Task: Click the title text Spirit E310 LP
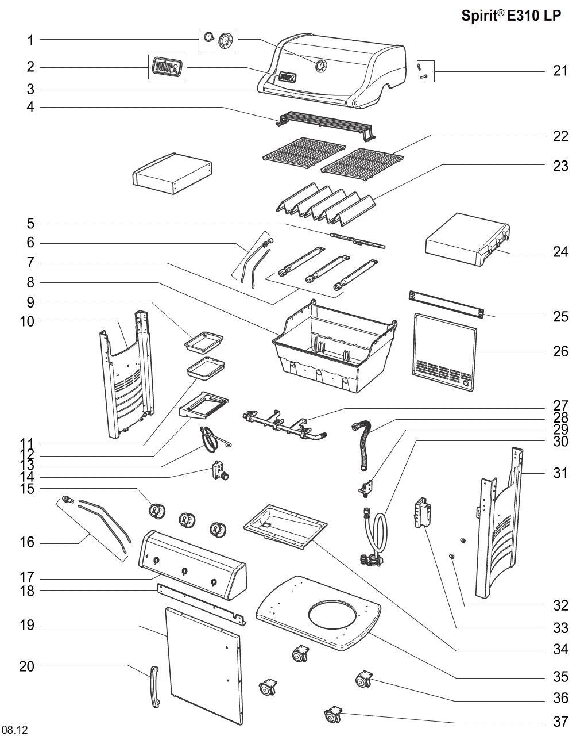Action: point(511,16)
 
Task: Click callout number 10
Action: point(27,321)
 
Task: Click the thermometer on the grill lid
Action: point(320,66)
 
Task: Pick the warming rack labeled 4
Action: point(324,124)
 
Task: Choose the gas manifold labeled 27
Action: point(284,425)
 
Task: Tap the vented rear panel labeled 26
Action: point(445,352)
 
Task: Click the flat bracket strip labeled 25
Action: point(446,304)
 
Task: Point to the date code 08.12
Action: point(15,730)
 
